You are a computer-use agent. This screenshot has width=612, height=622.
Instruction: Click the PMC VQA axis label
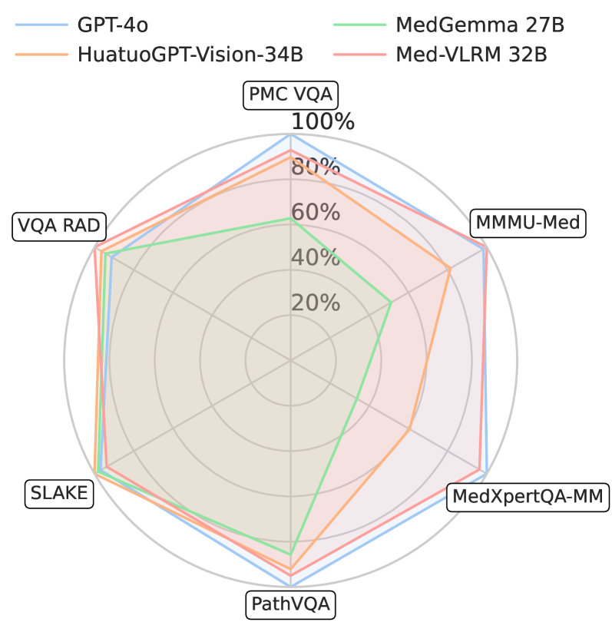point(290,95)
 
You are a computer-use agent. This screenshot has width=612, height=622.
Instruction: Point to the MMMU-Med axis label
point(529,223)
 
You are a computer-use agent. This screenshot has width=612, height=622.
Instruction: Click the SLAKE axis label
point(59,492)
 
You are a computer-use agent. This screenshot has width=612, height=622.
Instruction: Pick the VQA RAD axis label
point(59,226)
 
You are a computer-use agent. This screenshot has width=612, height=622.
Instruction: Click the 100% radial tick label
point(323,121)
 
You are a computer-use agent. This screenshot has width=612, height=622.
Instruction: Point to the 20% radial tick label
point(315,303)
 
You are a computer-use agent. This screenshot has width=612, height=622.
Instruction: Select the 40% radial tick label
point(315,257)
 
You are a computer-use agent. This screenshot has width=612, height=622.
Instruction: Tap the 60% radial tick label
point(315,212)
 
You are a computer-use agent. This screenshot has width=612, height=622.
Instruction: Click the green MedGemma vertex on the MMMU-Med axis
point(392,302)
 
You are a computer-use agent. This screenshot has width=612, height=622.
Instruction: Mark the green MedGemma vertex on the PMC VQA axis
point(290,218)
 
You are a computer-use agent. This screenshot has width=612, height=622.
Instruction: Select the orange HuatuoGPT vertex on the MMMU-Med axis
point(449,268)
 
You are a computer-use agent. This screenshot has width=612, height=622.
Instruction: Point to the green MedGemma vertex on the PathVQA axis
point(290,554)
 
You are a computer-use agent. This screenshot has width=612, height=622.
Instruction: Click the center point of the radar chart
point(290,360)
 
